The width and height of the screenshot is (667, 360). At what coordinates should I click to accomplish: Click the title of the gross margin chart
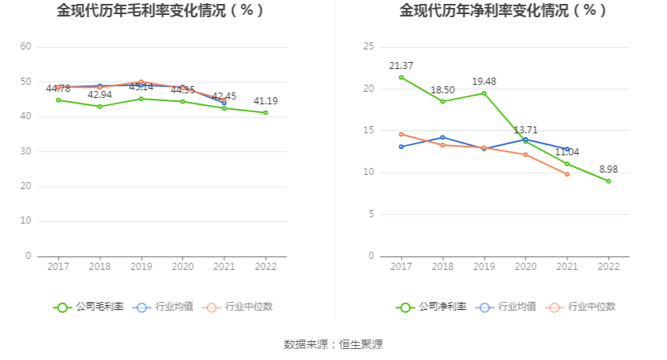pos(160,11)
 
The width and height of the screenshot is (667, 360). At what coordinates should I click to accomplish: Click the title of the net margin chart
pos(503,11)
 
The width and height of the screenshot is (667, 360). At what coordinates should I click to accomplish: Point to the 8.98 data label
pos(608,169)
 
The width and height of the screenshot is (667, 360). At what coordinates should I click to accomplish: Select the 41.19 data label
pos(265,101)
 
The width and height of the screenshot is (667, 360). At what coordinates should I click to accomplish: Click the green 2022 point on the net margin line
pos(608,181)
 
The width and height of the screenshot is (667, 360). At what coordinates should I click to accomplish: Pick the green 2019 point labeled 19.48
pos(484,93)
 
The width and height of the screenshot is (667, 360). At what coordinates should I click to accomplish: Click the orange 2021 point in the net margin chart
pos(567,174)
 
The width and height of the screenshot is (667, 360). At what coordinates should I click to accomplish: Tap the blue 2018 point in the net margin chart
pos(443,137)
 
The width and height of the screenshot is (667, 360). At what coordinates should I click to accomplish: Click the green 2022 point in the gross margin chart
pos(265,113)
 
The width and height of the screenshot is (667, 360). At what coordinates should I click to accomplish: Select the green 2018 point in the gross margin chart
pos(100,107)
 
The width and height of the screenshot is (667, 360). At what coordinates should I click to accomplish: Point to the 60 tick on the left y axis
pos(26,47)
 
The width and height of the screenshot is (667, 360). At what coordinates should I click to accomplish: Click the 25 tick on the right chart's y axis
pos(368,47)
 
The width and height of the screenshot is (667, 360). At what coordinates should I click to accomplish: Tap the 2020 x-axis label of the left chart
pos(182,267)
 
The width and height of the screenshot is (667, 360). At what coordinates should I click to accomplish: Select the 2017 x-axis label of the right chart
pos(401,267)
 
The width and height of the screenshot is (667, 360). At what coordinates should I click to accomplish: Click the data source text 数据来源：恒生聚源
pos(333,344)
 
